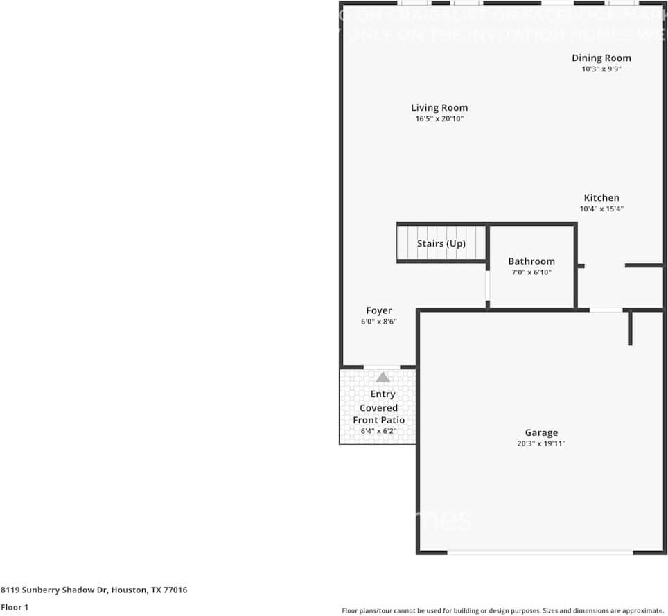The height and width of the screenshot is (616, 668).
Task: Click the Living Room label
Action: coord(439,107)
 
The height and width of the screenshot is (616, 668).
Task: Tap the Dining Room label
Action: coord(601,58)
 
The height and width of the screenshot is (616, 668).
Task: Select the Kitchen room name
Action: coord(601,197)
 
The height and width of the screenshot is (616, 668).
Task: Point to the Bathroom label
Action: coord(531,261)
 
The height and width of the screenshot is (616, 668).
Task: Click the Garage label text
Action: coord(541,432)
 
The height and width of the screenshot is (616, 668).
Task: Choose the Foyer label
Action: coord(379,310)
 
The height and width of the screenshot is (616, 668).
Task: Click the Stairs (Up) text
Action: coord(441,244)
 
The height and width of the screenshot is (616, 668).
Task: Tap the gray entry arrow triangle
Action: coord(383,378)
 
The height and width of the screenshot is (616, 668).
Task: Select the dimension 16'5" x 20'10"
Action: coord(439,119)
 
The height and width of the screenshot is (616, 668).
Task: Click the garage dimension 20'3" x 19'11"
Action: coord(541,443)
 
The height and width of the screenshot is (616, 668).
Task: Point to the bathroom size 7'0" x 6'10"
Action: coord(531,272)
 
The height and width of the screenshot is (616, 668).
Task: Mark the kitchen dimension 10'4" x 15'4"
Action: coord(601,209)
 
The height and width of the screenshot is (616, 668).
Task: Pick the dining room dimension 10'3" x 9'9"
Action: coord(601,69)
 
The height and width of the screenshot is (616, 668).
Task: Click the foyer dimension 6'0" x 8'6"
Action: coord(379,322)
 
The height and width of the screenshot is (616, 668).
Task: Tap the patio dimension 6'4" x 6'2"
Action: coord(378,431)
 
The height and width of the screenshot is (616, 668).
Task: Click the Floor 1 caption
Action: coord(14,607)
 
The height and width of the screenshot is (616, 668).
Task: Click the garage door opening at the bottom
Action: coord(540,552)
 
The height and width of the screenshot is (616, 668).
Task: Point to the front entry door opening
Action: coord(382,367)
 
